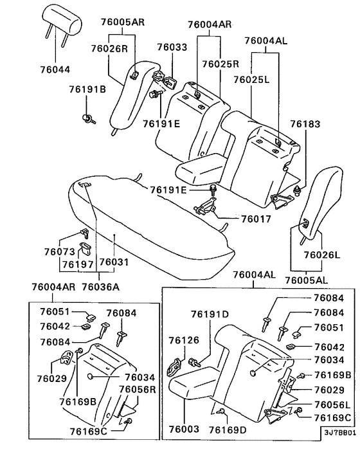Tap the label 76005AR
tap(123, 21)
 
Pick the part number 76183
tap(304, 123)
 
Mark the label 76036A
tap(102, 286)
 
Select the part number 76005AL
tap(307, 280)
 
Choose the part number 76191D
tap(209, 314)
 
